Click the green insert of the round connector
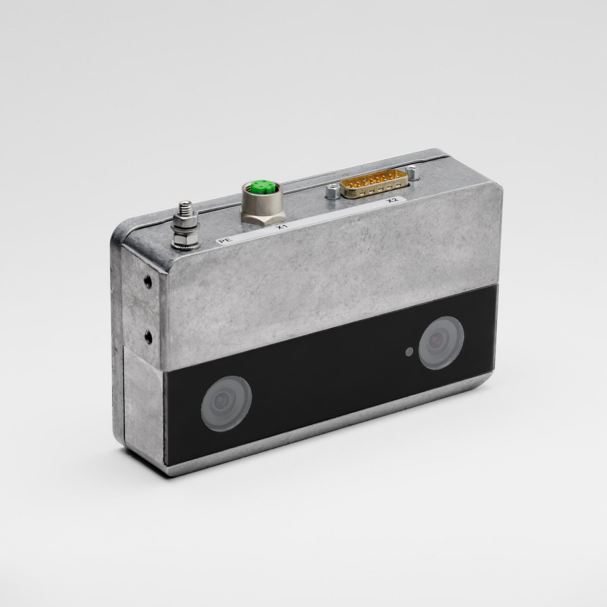coord(259,186)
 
